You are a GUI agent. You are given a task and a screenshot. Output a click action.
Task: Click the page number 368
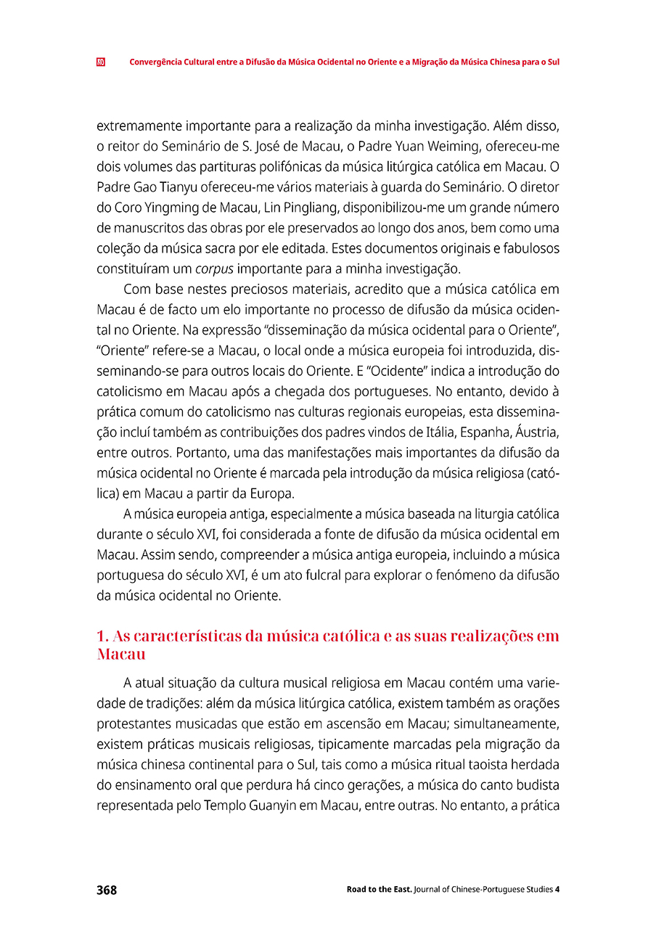107,890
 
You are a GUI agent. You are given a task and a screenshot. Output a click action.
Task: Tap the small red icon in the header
101,62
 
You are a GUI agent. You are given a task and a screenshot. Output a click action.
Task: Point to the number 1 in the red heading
101,636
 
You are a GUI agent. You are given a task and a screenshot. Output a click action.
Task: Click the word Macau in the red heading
120,655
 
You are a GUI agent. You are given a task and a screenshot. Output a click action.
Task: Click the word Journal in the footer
432,890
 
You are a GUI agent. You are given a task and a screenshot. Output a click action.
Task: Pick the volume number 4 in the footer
557,890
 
